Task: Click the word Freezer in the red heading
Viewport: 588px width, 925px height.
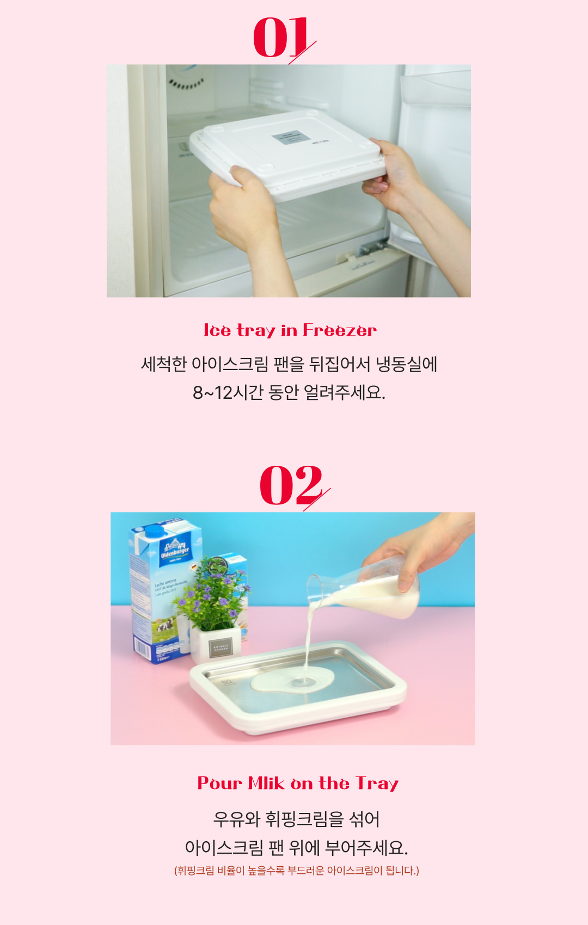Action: pos(340,330)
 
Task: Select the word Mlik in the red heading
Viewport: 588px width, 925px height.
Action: pos(267,784)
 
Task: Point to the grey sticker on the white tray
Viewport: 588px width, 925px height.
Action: pos(291,138)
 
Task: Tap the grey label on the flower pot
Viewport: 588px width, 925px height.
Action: pos(220,648)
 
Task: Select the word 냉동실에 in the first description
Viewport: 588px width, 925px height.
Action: pos(406,364)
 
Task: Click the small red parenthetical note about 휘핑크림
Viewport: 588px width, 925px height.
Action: pos(297,871)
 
